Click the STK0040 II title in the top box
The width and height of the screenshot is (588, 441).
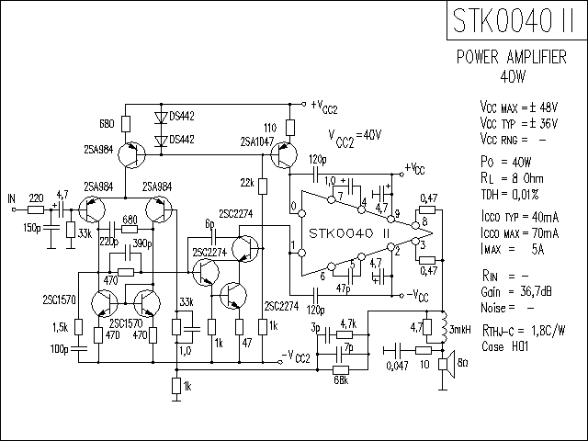click(x=514, y=20)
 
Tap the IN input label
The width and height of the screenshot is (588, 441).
click(x=12, y=198)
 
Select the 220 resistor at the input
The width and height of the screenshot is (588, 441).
click(x=36, y=209)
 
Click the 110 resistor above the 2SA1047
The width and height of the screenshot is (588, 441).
click(x=290, y=128)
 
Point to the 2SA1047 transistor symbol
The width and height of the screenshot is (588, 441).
click(x=284, y=155)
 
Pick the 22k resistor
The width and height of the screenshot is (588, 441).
click(x=263, y=187)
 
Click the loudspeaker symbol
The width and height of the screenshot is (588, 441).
click(x=447, y=364)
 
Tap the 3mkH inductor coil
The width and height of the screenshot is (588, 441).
click(x=444, y=327)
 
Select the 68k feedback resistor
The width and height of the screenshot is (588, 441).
click(x=341, y=370)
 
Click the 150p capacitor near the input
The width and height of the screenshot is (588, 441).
click(x=51, y=228)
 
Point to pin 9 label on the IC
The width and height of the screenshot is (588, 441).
click(x=397, y=214)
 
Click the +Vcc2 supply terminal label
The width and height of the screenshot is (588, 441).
click(x=324, y=107)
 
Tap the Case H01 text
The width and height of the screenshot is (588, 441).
click(x=504, y=346)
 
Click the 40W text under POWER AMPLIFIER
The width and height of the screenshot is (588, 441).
click(x=513, y=76)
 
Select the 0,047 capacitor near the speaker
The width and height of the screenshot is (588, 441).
click(x=398, y=350)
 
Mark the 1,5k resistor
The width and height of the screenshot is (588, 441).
click(x=78, y=327)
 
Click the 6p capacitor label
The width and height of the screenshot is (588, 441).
click(x=209, y=224)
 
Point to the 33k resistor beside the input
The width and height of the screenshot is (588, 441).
click(x=71, y=230)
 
